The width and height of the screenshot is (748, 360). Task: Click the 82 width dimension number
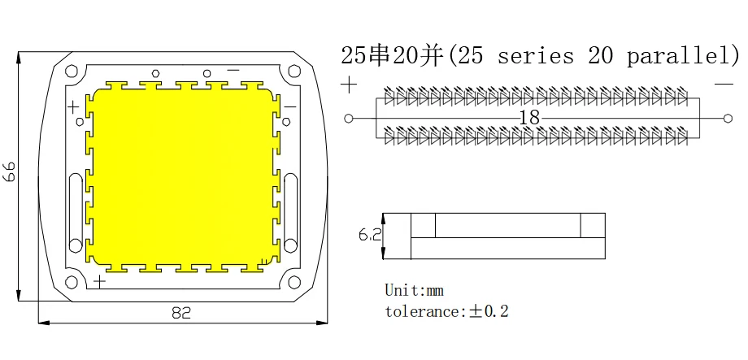(181, 313)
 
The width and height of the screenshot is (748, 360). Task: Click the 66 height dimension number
(10, 171)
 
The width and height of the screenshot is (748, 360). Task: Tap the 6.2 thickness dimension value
(370, 235)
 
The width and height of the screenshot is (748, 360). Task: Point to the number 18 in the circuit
(529, 118)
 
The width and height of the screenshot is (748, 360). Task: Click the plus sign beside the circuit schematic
(349, 85)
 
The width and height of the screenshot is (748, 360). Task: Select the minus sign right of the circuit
(724, 84)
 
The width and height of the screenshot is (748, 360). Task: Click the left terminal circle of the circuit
(349, 119)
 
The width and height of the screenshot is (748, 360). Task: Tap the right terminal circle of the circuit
(728, 119)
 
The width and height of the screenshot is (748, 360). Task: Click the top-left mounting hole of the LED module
(72, 71)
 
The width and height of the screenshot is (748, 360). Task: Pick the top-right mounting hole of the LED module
(294, 71)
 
